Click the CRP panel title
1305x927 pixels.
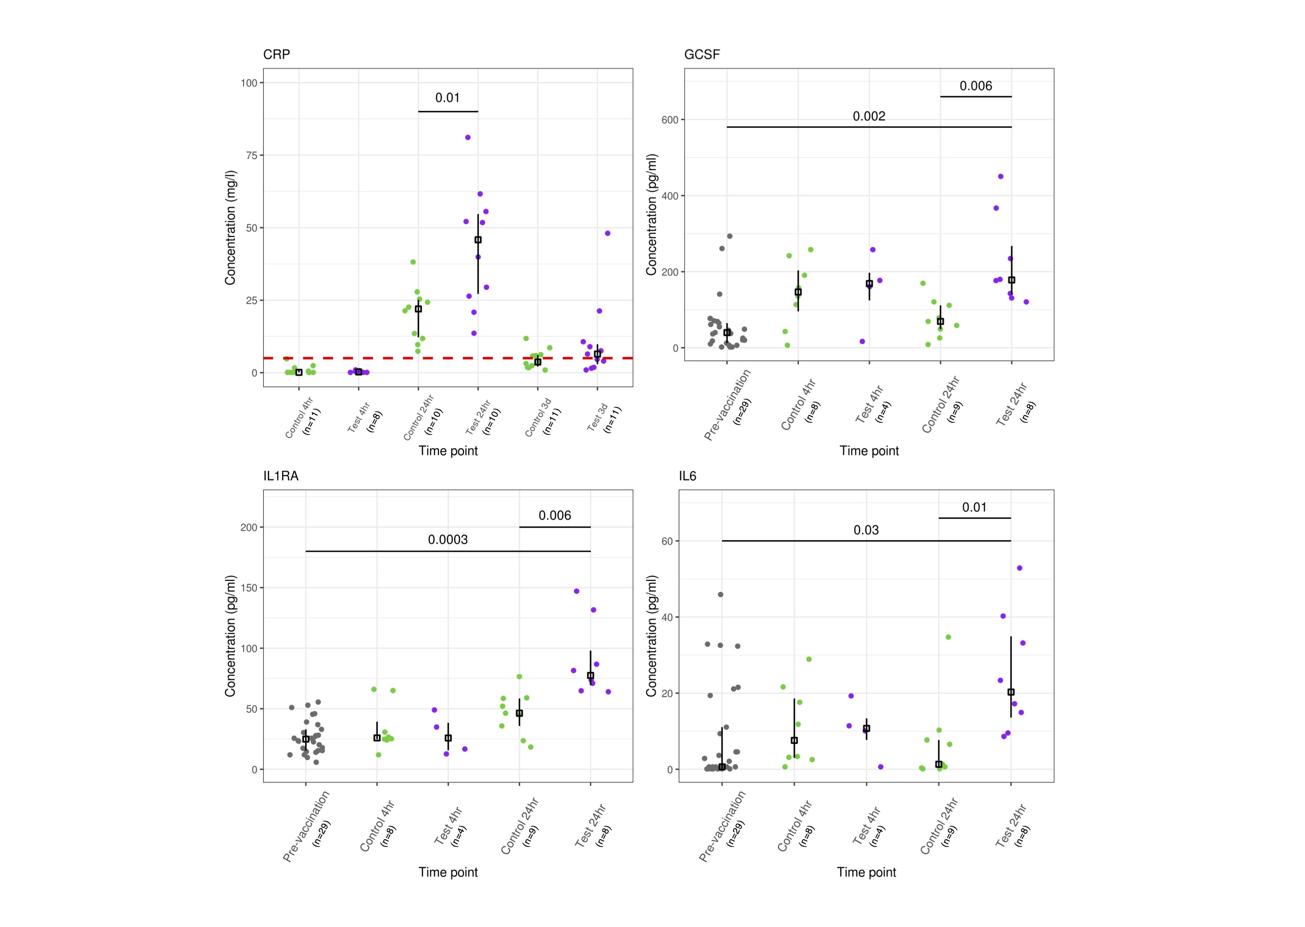coord(276,55)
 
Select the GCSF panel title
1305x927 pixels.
coord(702,55)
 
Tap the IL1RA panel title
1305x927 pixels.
coord(280,476)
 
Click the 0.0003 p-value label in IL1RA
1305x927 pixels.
coord(447,539)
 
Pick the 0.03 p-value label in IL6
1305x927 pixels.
coord(866,530)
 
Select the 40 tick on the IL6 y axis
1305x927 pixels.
coord(667,617)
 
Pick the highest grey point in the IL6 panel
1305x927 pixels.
coord(720,594)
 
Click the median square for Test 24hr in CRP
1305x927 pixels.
coord(478,240)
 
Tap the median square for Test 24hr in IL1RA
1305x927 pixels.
coord(590,675)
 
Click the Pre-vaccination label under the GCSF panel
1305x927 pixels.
coord(727,405)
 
